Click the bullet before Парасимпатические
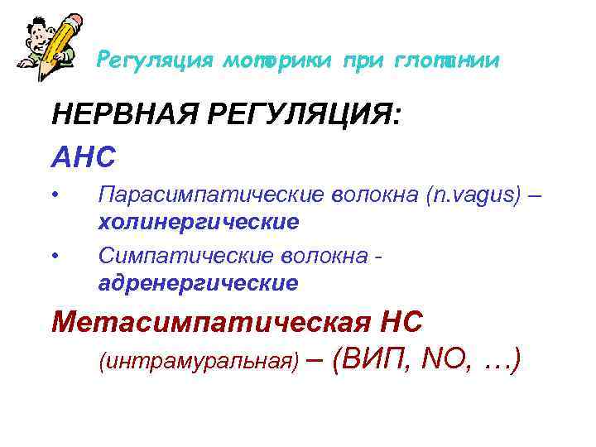[x=55, y=195]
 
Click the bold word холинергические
[x=198, y=223]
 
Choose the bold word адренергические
[x=198, y=282]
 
